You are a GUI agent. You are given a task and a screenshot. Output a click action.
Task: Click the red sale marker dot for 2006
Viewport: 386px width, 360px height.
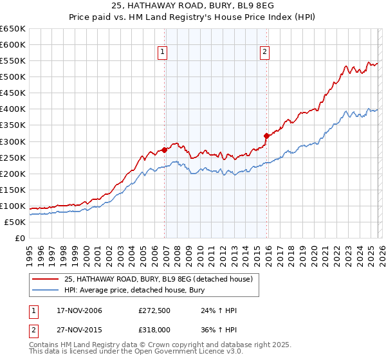point(165,150)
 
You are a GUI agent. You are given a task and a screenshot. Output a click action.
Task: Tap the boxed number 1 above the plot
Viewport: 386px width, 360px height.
point(162,53)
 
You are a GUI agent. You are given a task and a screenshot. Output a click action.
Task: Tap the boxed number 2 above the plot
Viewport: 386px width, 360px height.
point(265,53)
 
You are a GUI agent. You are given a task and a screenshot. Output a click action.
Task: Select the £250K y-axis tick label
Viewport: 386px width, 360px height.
point(13,157)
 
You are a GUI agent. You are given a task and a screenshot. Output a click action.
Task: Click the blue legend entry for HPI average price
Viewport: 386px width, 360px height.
point(142,290)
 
